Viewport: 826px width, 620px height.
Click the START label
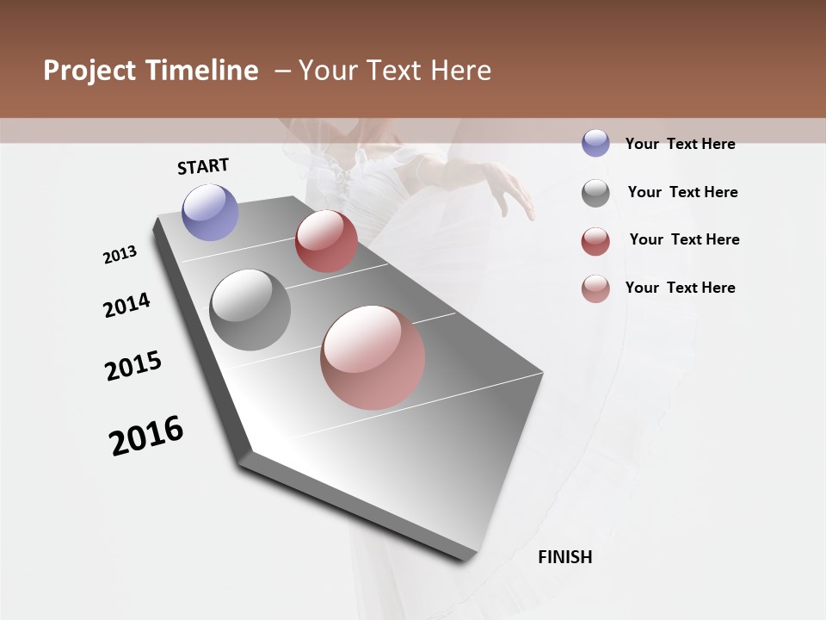[203, 166]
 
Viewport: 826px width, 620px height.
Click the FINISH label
[564, 557]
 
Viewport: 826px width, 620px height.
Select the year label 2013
[120, 255]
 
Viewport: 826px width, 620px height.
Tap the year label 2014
[126, 306]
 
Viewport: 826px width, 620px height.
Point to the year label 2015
[133, 366]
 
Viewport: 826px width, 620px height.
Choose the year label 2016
[146, 436]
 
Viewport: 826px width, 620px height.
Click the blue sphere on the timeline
[210, 212]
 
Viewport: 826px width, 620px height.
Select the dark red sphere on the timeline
[326, 241]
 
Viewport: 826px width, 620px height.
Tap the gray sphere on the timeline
[250, 310]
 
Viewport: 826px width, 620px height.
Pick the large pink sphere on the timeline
[373, 357]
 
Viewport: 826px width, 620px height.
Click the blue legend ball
[595, 143]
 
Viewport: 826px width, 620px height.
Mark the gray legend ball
[595, 193]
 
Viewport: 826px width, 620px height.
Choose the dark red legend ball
[595, 241]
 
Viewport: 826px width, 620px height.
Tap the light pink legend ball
[595, 288]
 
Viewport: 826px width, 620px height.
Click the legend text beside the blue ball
[680, 144]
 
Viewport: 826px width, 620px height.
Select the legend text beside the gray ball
[682, 192]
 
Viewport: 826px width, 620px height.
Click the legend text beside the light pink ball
[680, 288]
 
